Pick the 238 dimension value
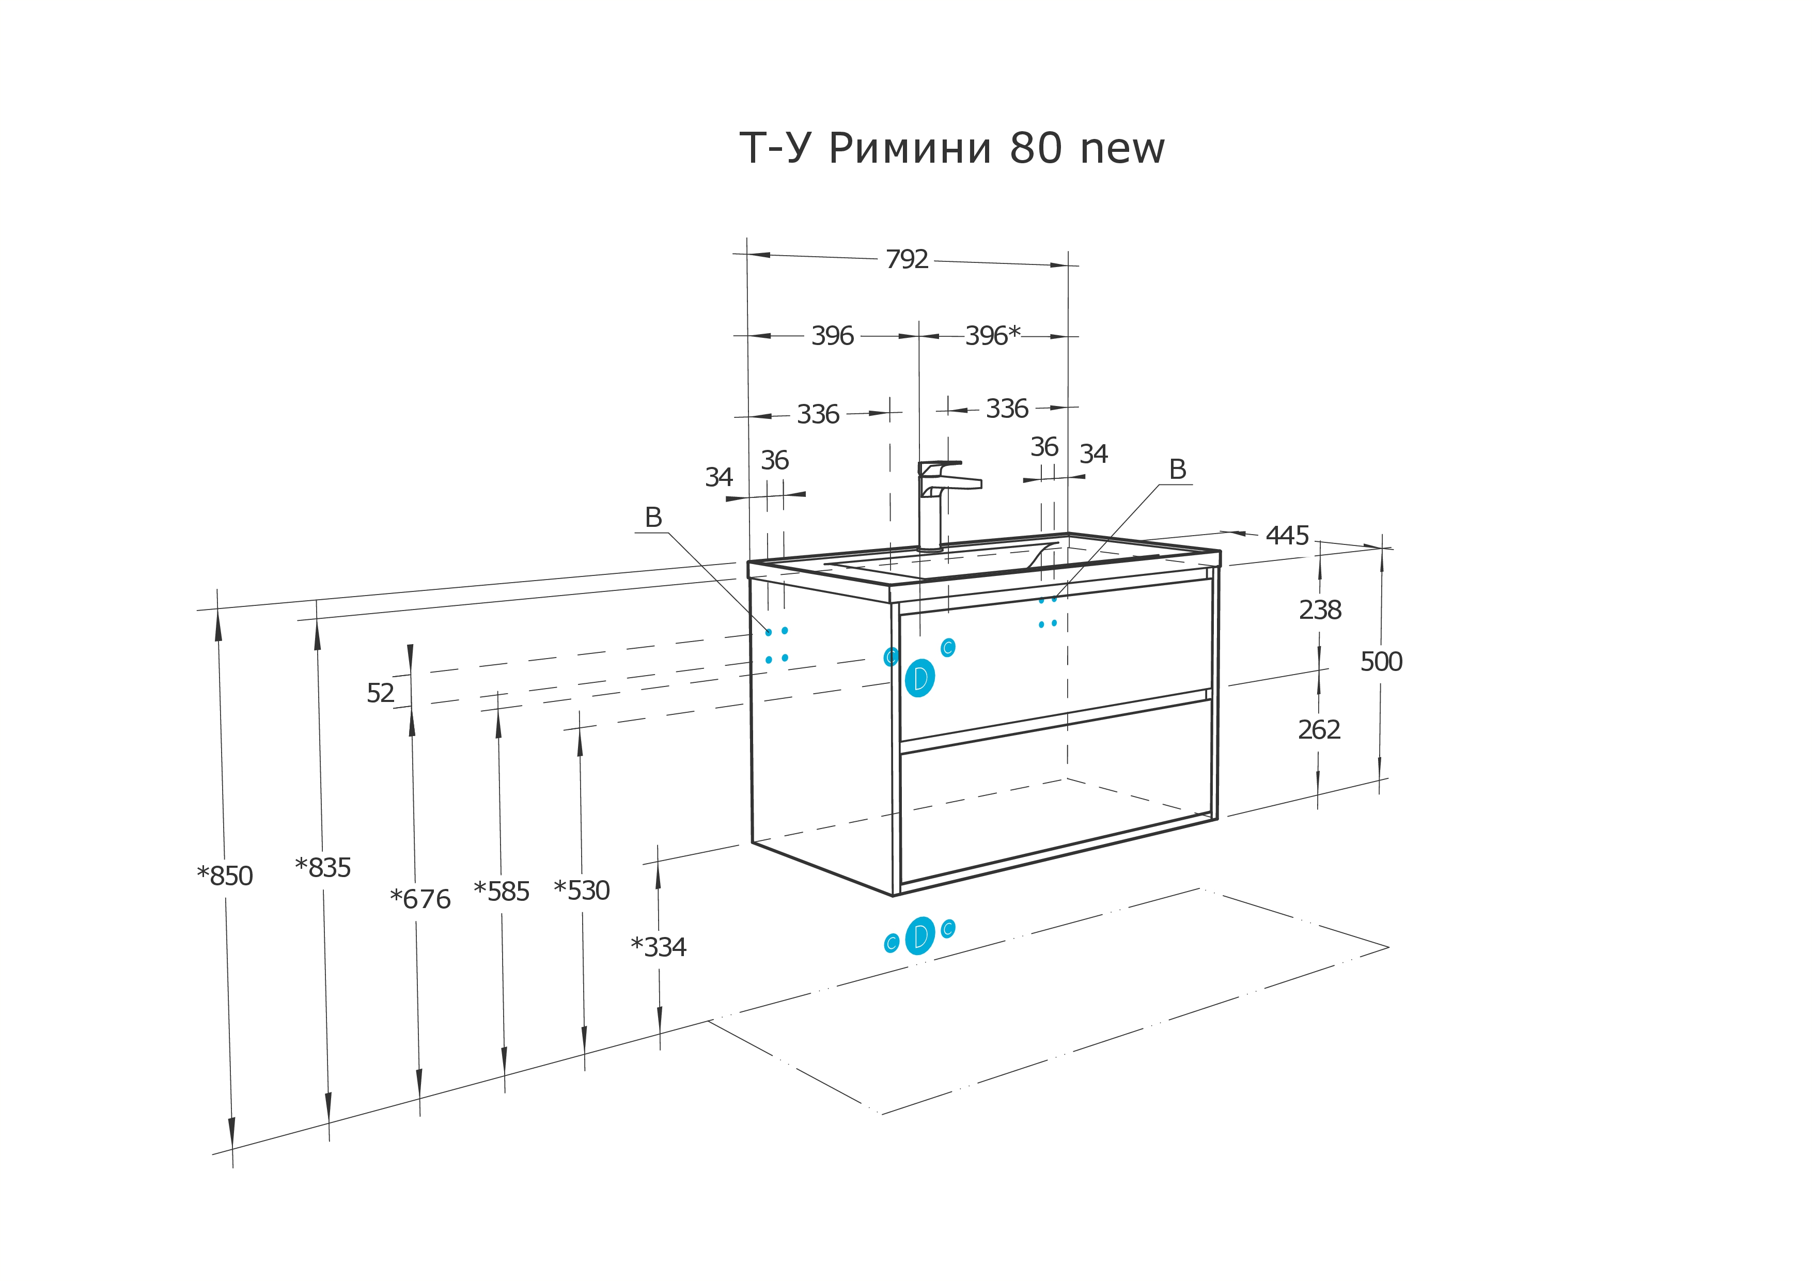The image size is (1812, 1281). click(1320, 610)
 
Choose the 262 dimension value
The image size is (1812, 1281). click(1319, 729)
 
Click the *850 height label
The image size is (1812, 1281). click(225, 876)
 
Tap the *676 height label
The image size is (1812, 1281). click(420, 899)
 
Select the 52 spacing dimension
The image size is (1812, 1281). click(380, 693)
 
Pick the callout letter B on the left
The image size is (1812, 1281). click(653, 518)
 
